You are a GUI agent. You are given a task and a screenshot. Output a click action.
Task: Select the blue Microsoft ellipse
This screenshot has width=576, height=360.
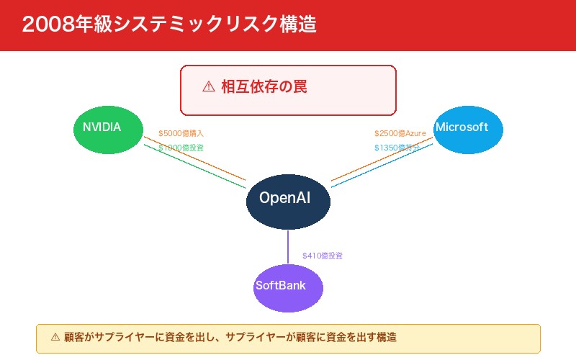click(x=468, y=129)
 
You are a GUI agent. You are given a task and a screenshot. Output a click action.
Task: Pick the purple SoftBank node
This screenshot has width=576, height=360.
click(x=288, y=287)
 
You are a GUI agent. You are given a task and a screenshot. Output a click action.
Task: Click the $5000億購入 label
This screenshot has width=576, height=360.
click(x=181, y=133)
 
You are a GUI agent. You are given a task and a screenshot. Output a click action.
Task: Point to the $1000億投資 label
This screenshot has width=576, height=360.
click(x=181, y=148)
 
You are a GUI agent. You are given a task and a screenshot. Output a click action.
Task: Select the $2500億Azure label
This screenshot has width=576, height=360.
click(x=400, y=133)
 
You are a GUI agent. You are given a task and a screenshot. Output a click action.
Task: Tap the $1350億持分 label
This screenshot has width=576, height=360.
click(x=396, y=148)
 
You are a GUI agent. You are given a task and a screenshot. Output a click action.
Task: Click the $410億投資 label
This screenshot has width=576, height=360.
click(x=322, y=256)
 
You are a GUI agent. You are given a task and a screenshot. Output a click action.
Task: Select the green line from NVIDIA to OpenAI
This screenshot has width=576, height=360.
click(x=194, y=166)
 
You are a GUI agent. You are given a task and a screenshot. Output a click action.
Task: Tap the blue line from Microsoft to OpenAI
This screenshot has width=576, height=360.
click(x=382, y=166)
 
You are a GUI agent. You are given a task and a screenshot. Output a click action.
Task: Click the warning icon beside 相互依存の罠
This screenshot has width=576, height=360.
click(x=209, y=87)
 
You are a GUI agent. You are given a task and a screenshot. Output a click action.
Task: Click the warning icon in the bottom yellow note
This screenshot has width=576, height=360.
click(x=55, y=337)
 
